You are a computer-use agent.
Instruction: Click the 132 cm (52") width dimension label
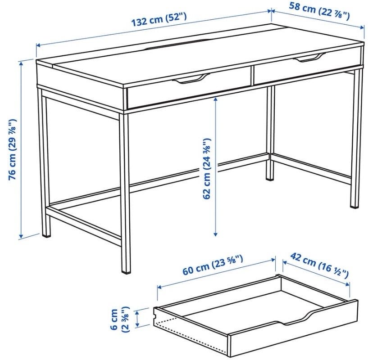159,19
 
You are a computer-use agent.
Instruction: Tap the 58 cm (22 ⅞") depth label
319,11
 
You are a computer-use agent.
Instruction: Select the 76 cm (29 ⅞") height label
13,149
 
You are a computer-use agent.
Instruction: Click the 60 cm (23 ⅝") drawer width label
213,265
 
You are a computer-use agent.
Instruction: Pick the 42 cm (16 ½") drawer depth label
319,265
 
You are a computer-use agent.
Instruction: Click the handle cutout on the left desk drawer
190,79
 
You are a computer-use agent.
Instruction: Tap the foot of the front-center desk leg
126,270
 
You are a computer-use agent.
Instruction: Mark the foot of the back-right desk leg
269,177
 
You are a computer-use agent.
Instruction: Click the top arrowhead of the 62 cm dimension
215,99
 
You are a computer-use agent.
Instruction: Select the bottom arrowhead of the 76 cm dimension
21,236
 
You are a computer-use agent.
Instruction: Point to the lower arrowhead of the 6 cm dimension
137,324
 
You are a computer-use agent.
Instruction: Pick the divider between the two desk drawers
252,75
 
